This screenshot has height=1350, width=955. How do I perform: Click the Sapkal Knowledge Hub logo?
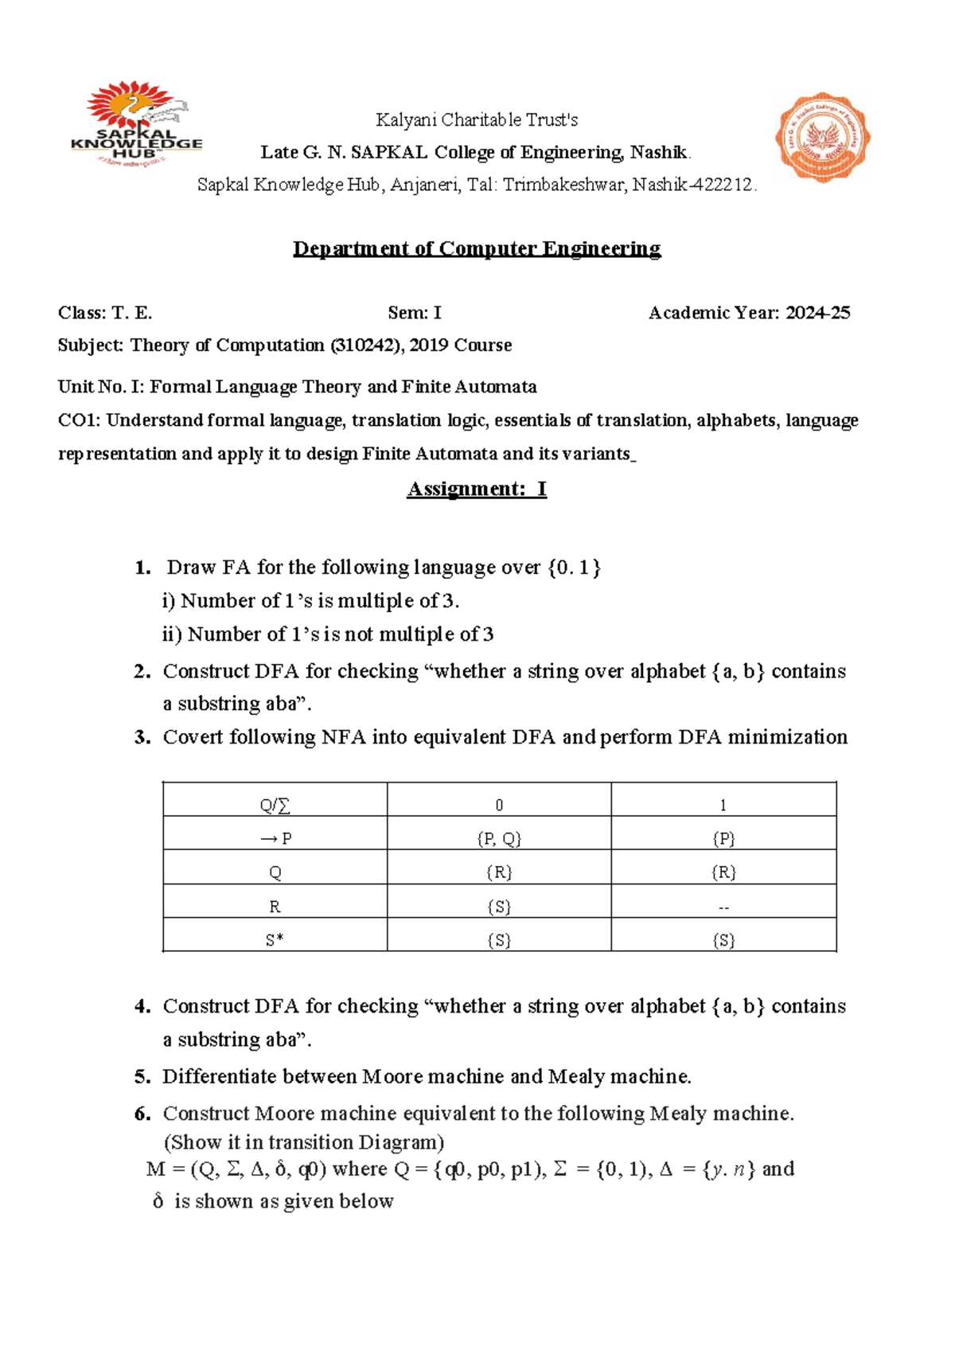tap(136, 124)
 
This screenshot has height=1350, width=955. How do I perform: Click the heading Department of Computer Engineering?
tap(477, 248)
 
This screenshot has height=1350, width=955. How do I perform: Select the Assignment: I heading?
tap(477, 488)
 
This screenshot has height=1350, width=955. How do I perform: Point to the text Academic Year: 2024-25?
tap(749, 313)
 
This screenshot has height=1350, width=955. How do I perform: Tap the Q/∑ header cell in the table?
tap(275, 806)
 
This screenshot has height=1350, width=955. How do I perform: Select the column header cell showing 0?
tap(499, 806)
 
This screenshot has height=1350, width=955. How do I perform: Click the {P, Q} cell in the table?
tap(499, 839)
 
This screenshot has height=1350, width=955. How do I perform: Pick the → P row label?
tap(275, 839)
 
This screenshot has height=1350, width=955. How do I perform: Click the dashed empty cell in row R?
tap(723, 907)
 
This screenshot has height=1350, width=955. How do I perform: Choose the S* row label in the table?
tap(275, 940)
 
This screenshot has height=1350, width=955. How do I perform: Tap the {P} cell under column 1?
tap(723, 839)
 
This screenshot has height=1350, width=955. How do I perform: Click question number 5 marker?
tap(142, 1077)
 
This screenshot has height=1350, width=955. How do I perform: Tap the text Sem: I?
tap(414, 313)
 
